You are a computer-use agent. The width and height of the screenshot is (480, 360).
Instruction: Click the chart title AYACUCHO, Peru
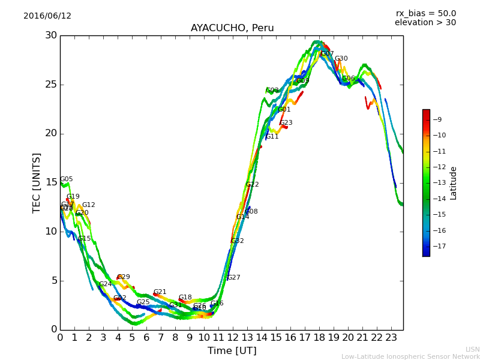pos(232,28)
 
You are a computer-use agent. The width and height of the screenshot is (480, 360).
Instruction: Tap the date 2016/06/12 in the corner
pos(47,16)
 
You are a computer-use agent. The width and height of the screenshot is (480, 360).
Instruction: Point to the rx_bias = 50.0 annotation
pos(425,14)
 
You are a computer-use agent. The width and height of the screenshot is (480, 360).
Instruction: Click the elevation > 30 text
pos(425,23)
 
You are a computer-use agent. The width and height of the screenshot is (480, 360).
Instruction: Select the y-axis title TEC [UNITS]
pos(37,182)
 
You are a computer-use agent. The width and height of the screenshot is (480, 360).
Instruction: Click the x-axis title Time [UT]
pos(232,350)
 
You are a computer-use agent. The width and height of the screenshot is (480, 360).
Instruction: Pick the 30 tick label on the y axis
pos(51,35)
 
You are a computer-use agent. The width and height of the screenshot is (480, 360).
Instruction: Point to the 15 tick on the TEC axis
pos(51,182)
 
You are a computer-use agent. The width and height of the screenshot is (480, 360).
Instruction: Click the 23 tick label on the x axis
pos(391,337)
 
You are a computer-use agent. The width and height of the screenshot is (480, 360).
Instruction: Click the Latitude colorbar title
pos(454,183)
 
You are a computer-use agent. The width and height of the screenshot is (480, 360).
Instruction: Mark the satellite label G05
pos(67,179)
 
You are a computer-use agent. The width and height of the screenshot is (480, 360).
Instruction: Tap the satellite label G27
pos(234,278)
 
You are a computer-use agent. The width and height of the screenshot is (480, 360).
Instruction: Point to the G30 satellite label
pos(341,59)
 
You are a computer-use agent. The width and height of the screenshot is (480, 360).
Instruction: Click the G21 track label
pos(160,292)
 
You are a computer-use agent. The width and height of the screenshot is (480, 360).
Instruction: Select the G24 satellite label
pos(106,284)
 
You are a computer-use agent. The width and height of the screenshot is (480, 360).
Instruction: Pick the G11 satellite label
pos(272,137)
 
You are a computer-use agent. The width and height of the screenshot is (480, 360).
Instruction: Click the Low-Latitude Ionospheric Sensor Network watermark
pos(410,357)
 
